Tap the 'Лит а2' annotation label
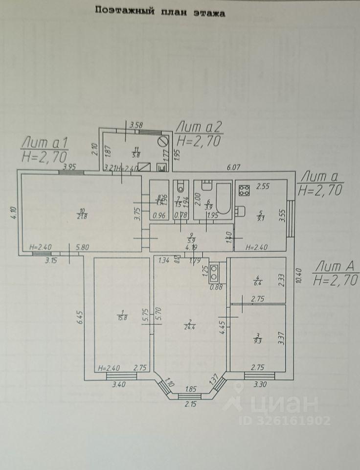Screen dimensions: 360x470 tap(199, 127)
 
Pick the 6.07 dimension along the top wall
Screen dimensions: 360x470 tap(235, 167)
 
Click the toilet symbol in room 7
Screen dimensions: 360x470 tap(180, 187)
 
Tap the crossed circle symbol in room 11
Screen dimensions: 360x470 tap(163, 142)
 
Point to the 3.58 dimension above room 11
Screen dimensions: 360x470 tap(135, 125)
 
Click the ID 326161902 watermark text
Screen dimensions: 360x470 tap(285, 421)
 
